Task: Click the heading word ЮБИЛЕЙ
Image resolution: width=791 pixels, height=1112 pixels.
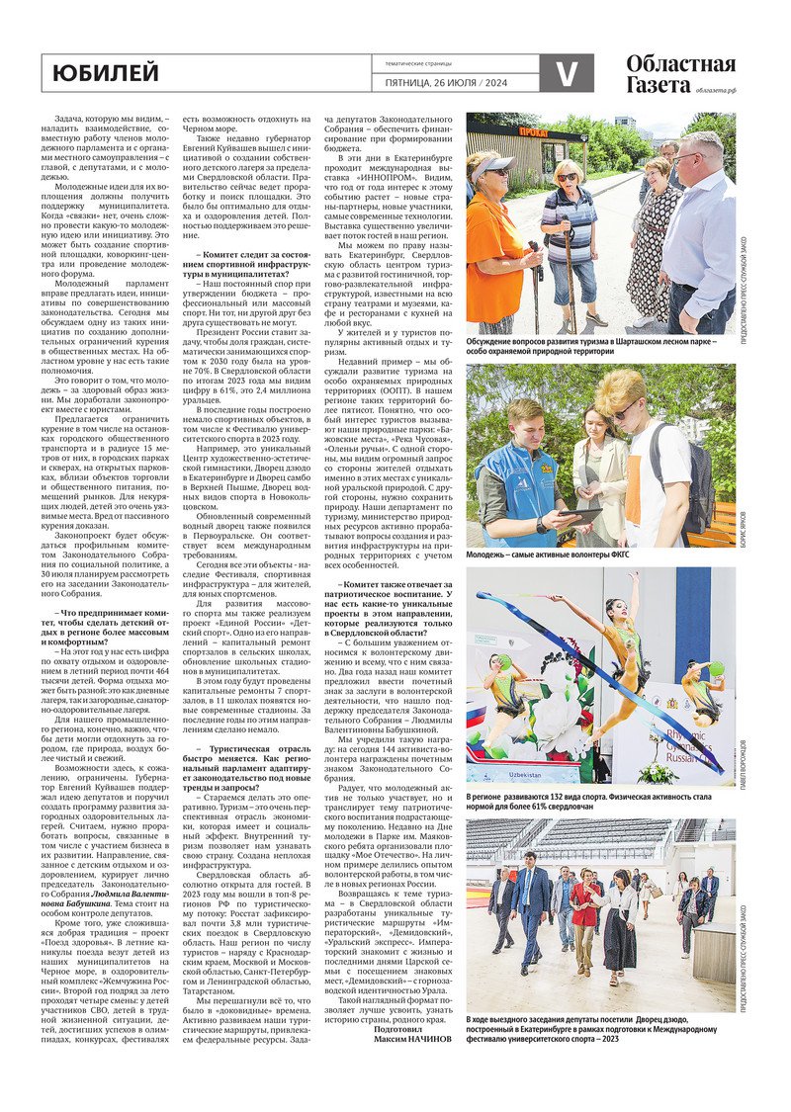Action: click(x=106, y=73)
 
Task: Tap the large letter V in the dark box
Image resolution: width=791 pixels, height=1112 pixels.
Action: click(x=567, y=74)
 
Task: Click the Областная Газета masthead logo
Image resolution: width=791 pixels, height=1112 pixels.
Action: click(x=680, y=74)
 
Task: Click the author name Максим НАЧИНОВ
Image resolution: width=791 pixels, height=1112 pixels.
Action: click(x=413, y=1039)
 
